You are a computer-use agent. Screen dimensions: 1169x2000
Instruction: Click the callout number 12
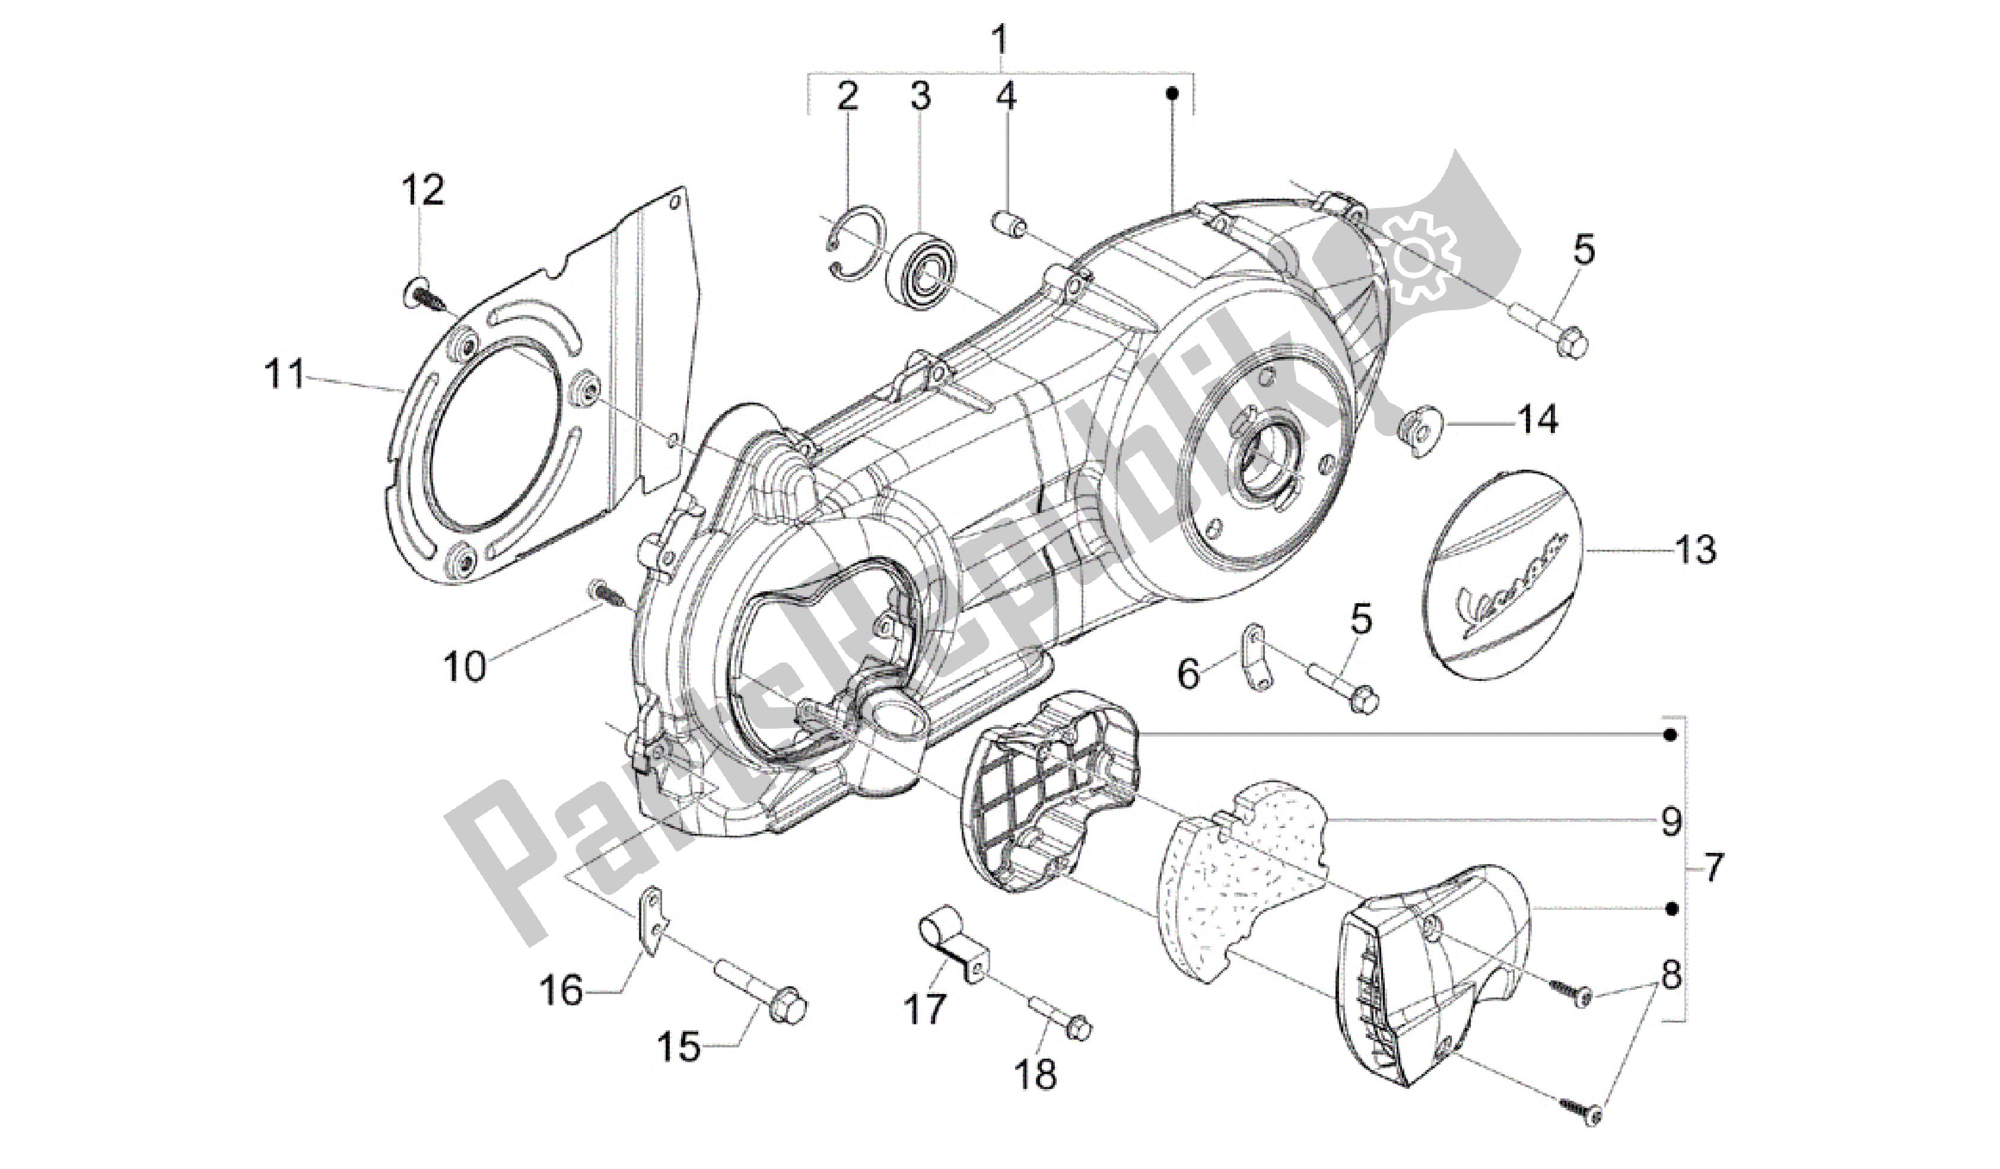pyautogui.click(x=423, y=191)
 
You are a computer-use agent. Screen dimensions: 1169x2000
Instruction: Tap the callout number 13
pyautogui.click(x=1696, y=550)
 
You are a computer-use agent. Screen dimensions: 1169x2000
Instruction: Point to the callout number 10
pyautogui.click(x=465, y=667)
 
